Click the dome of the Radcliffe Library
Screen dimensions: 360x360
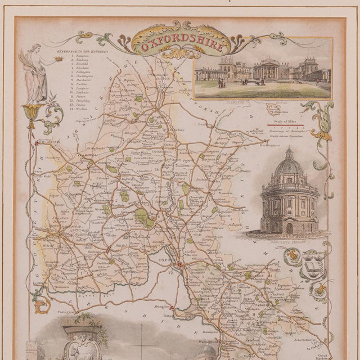pyautogui.click(x=290, y=165)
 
